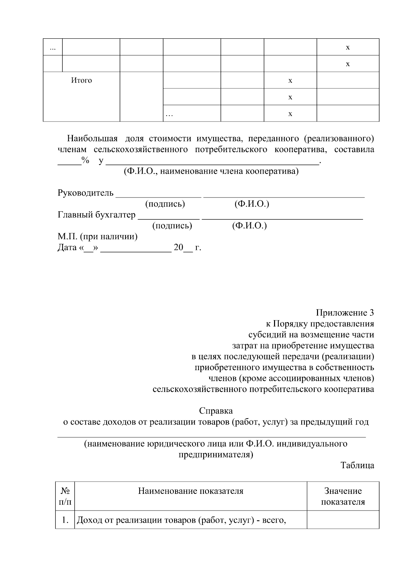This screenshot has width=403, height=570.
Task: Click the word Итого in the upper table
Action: (81, 81)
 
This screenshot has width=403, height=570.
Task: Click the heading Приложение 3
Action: (345, 313)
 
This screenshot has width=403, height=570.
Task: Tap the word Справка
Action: (216, 411)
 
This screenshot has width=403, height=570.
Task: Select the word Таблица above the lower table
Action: (357, 466)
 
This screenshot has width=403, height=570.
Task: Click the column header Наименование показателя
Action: (191, 491)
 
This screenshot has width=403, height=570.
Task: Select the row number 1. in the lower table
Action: (65, 520)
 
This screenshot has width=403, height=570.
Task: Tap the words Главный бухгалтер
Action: (97, 215)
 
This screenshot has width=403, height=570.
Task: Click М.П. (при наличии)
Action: (98, 237)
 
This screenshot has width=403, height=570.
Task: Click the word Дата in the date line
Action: (68, 248)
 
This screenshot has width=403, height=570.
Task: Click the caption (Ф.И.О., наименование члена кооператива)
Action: (211, 172)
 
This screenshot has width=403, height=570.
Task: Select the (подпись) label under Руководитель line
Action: (165, 204)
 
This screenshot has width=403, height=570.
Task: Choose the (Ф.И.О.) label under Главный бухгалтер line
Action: (250, 226)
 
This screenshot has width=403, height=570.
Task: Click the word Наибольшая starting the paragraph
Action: (92, 138)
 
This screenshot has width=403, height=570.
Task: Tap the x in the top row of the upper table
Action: (348, 47)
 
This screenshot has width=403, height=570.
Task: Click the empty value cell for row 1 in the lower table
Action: (343, 520)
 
